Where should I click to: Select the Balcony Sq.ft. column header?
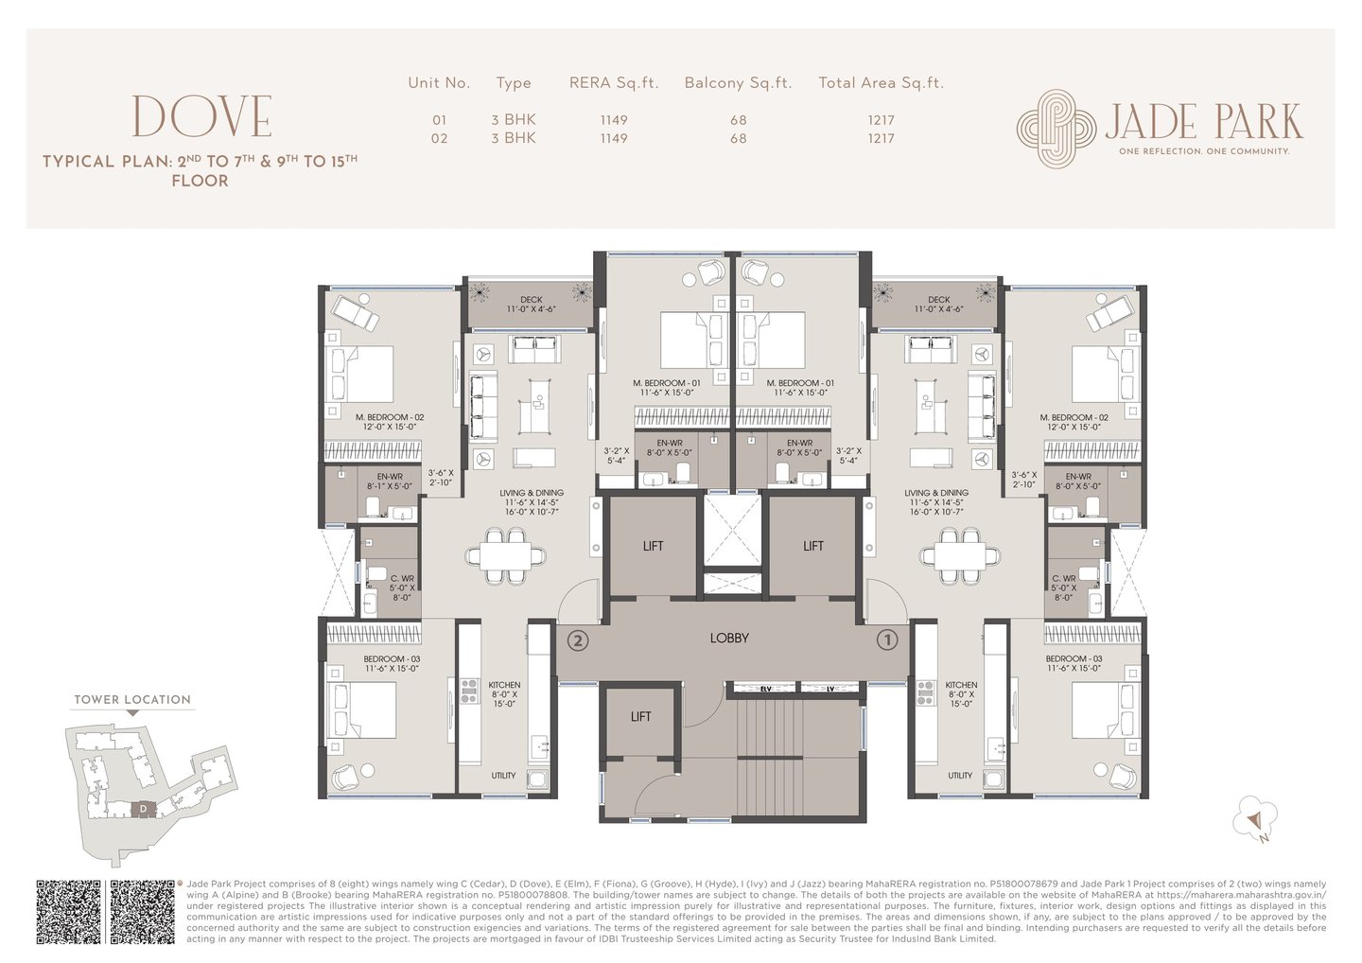coord(738,83)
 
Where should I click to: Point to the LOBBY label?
coord(729,639)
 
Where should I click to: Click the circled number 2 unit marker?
coord(578,640)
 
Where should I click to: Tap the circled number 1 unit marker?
coord(886,640)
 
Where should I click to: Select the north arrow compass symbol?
coord(1255,820)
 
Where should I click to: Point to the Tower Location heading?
coord(132,700)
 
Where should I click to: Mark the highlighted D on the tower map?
coord(142,809)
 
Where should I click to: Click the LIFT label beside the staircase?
coord(640,717)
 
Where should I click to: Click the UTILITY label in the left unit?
coord(503,776)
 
